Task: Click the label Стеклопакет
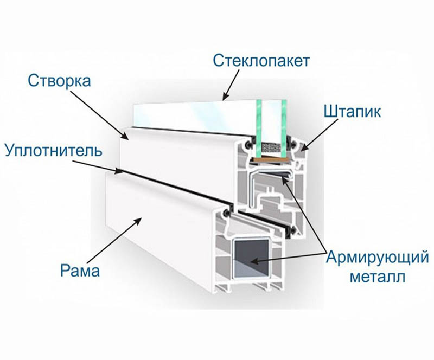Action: coord(261,60)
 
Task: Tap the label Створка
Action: coord(59,82)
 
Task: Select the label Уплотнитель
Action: coord(53,150)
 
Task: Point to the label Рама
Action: coord(80,269)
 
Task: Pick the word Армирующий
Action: coord(368,257)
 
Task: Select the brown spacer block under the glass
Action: coord(270,160)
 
